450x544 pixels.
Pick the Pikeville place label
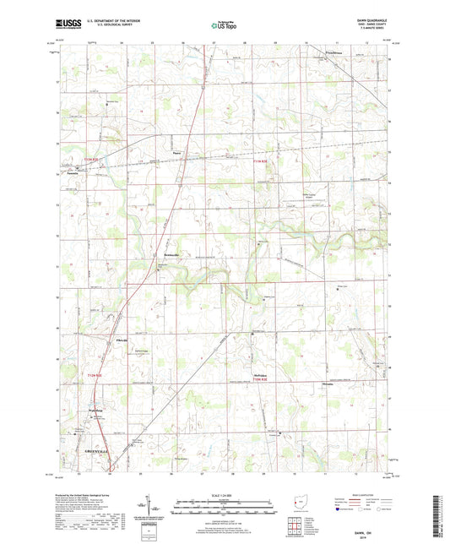(121, 340)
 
